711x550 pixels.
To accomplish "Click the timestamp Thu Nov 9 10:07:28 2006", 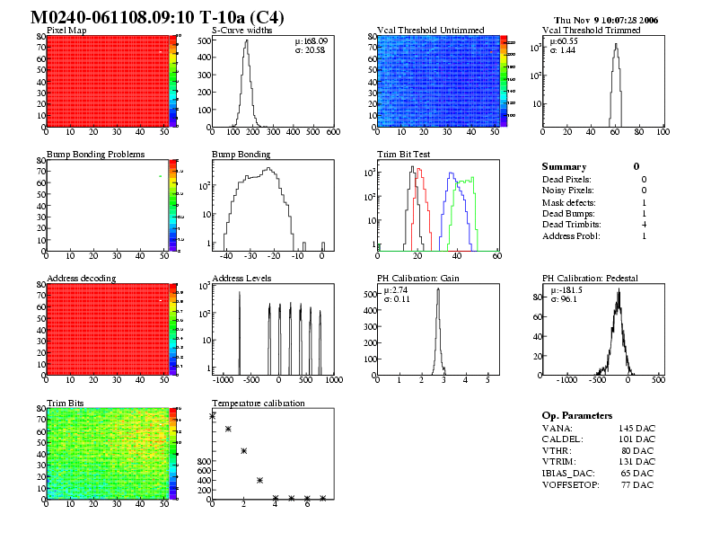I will coord(607,19).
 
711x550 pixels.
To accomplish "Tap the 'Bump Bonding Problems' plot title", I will coord(95,155).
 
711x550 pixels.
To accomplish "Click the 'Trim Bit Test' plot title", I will coord(403,155).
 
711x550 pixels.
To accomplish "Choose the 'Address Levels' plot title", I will coord(241,279).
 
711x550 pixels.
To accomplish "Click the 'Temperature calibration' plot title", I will coord(259,403).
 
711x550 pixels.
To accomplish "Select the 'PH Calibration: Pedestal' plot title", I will coord(590,279).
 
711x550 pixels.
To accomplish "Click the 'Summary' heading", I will coord(564,167).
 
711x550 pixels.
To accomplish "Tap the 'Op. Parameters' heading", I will coord(577,416).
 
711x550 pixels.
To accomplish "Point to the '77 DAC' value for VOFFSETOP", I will coord(636,485).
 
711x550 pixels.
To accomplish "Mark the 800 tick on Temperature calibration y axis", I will coord(202,461).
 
